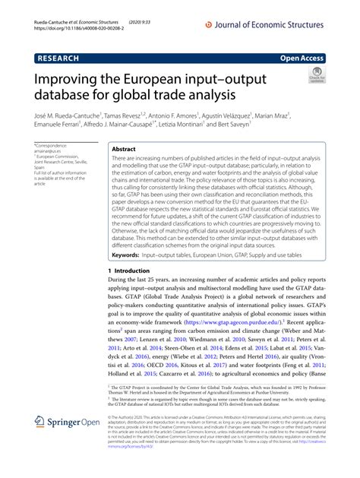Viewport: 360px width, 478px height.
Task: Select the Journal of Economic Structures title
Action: pos(266,24)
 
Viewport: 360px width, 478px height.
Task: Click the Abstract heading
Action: pos(124,150)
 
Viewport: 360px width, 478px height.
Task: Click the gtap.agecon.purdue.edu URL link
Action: pos(227,321)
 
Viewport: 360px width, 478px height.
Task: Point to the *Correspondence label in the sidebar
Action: pos(54,144)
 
